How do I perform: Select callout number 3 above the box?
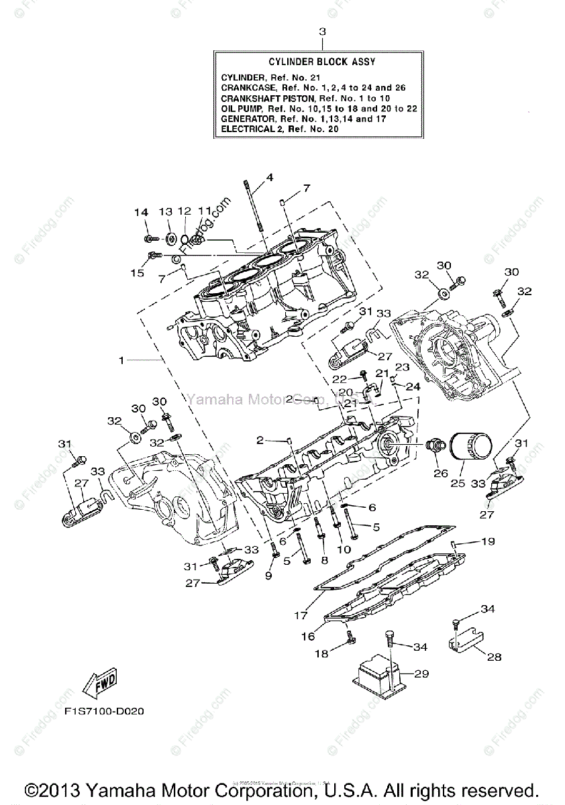point(322,32)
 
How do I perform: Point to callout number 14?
point(141,213)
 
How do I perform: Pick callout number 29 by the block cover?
point(422,674)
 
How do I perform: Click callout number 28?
point(494,657)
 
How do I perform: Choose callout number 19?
point(488,541)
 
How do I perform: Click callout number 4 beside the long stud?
point(269,178)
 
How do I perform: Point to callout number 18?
point(322,653)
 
